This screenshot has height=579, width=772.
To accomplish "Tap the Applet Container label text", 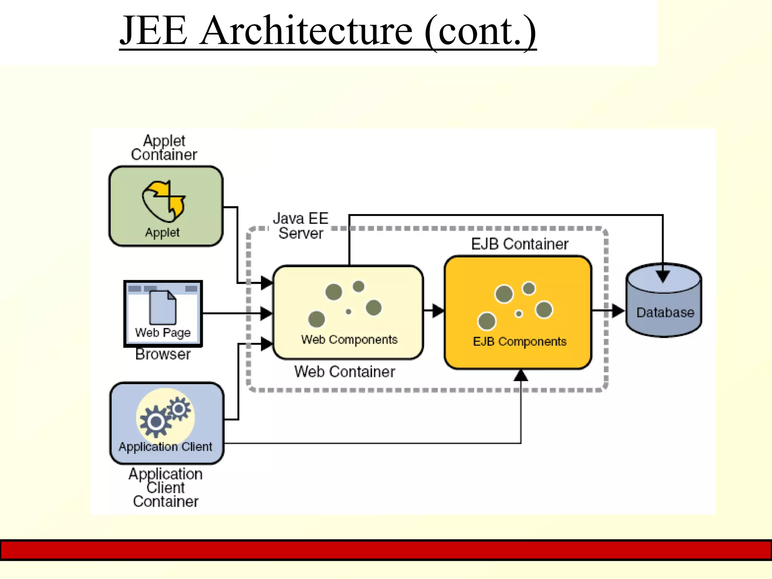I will [x=164, y=148].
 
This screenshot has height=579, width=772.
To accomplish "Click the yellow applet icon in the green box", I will [x=164, y=201].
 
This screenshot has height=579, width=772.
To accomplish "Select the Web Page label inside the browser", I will [x=163, y=332].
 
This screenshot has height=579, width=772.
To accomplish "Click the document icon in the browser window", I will [x=162, y=307].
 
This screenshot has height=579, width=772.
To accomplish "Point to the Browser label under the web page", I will [x=163, y=354].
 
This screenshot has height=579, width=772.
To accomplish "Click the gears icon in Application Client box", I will [x=165, y=415].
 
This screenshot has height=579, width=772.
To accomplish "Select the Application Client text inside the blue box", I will [x=165, y=447].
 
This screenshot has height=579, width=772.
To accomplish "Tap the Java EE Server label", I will [x=300, y=226].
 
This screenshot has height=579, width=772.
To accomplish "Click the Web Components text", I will [x=349, y=340].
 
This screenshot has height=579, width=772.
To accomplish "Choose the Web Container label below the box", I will [x=345, y=372].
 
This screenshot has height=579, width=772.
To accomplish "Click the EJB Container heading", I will [x=519, y=244].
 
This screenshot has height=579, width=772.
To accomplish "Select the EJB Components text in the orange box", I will [x=519, y=342].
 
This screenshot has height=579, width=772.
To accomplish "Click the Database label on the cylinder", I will [x=665, y=312].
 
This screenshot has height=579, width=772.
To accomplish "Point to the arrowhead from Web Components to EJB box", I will [x=438, y=311].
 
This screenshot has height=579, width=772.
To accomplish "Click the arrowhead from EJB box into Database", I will [x=618, y=311].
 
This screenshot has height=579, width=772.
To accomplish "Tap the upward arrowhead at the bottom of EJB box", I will [x=521, y=375].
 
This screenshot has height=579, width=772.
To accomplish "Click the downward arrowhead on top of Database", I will [x=663, y=276].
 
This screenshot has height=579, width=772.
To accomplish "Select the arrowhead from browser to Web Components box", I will [x=267, y=313].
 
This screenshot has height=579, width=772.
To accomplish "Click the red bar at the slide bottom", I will [x=386, y=550].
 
